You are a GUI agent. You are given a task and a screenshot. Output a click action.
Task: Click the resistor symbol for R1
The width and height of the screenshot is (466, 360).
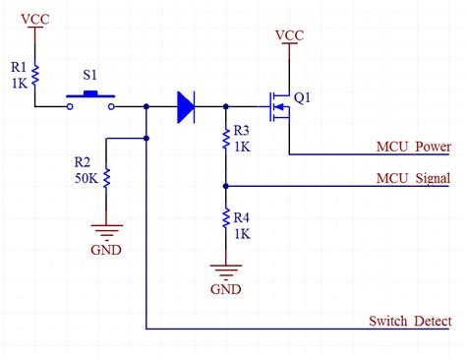[x=36, y=73]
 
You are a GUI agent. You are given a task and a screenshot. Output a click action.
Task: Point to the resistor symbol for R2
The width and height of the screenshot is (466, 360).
[x=106, y=178]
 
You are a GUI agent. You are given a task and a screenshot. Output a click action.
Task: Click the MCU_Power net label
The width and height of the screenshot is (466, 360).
[x=413, y=148]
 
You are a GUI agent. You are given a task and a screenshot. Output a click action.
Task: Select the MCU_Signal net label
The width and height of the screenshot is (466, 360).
[x=413, y=178]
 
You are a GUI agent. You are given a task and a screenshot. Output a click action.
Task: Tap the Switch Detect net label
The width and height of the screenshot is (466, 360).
[x=410, y=321]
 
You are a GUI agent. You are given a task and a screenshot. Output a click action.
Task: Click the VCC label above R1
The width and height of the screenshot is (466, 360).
[x=36, y=19]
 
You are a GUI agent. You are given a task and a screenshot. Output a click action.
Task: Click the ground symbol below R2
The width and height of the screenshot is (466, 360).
[x=106, y=233]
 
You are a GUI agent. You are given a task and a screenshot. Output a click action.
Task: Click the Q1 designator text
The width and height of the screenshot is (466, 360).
[x=303, y=97]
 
